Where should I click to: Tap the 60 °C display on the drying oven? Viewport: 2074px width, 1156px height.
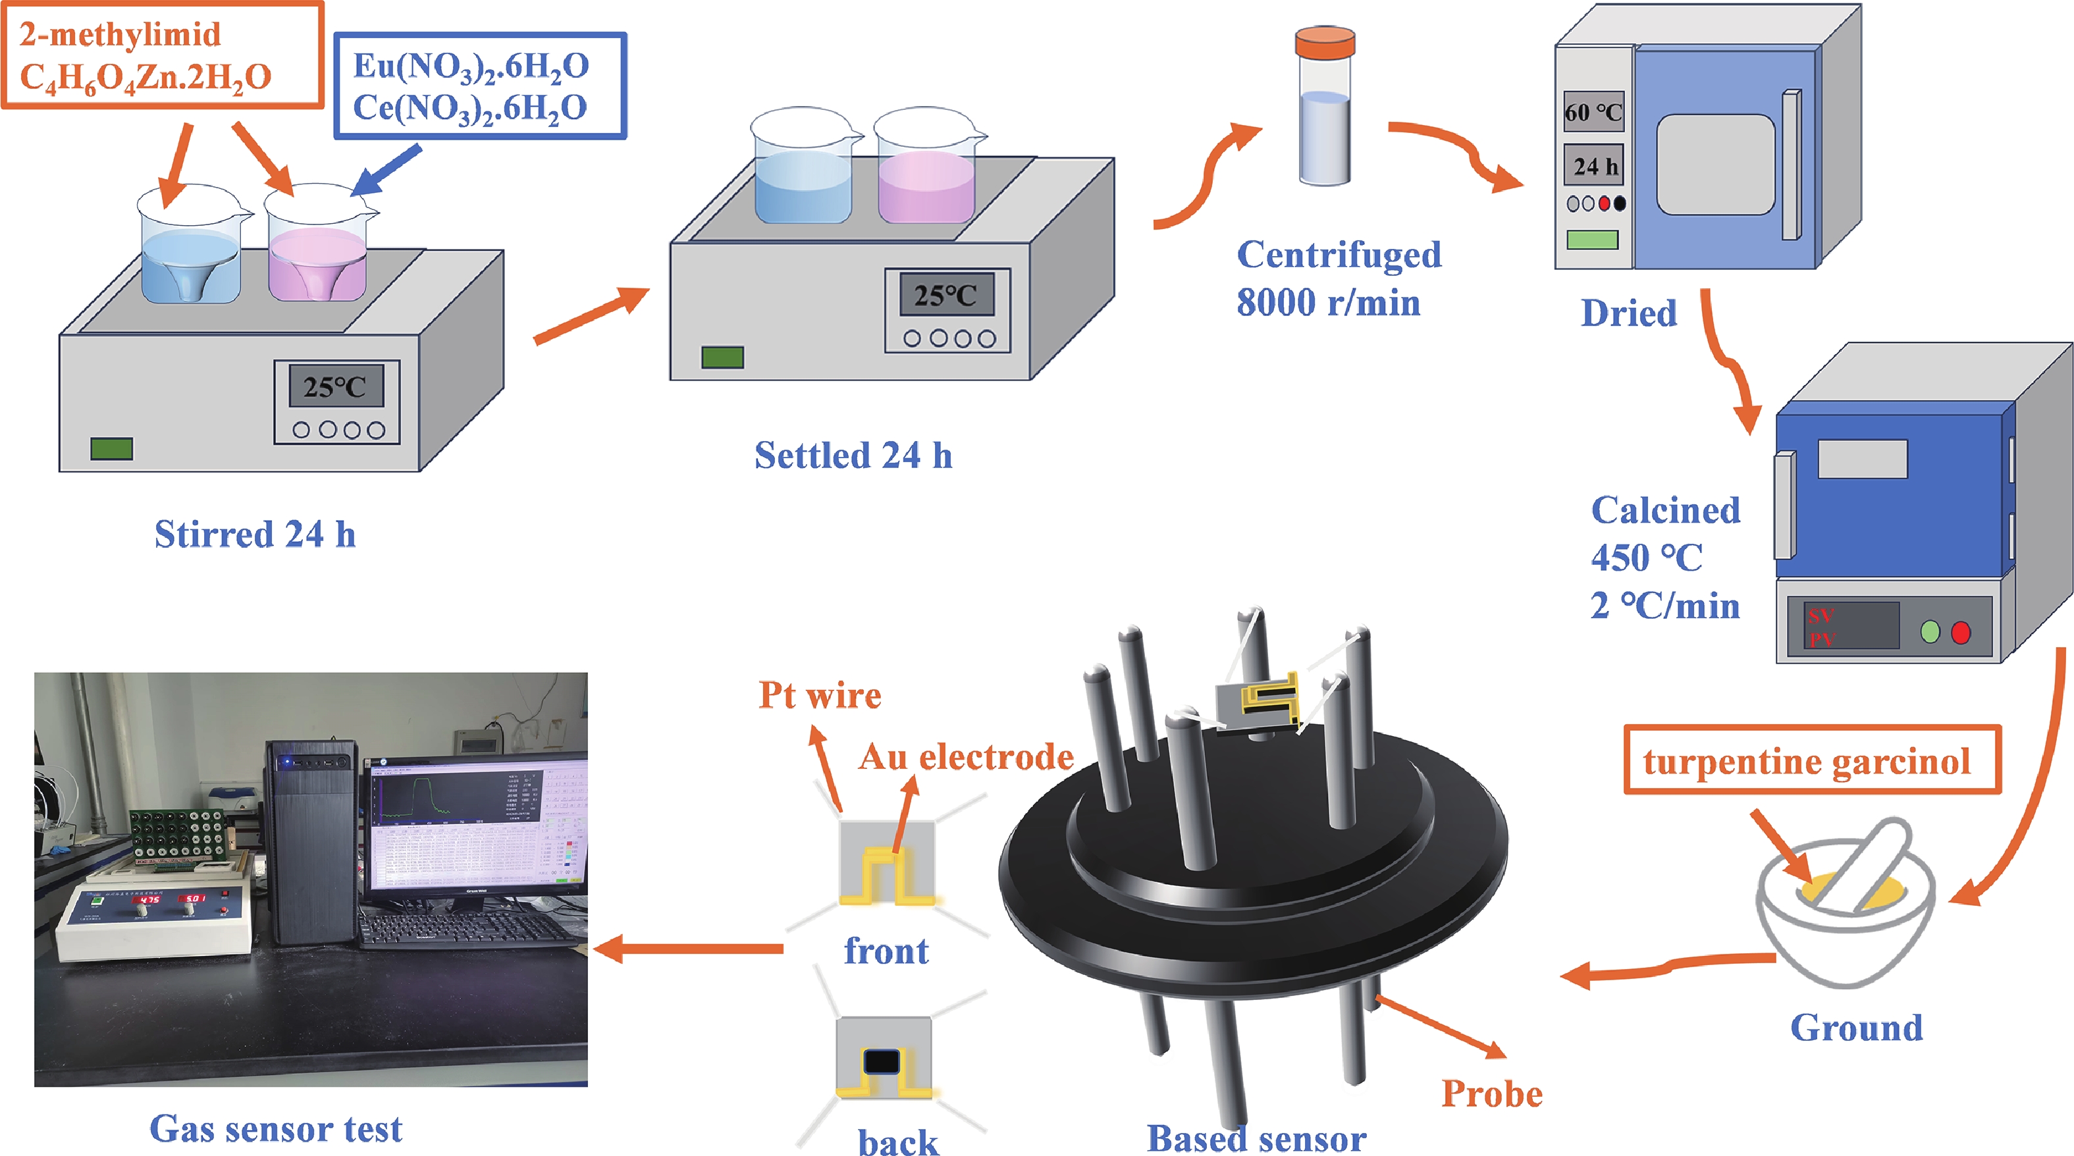click(x=1593, y=113)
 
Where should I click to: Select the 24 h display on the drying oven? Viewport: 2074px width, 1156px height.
click(x=1594, y=166)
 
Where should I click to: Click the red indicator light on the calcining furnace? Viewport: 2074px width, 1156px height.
click(x=1961, y=633)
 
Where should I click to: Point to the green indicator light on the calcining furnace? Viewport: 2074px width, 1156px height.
click(x=1930, y=633)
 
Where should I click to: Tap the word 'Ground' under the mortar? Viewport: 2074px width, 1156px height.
click(x=1857, y=1028)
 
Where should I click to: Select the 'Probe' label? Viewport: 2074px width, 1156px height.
click(x=1492, y=1093)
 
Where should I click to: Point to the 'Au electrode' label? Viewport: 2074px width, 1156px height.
click(x=965, y=756)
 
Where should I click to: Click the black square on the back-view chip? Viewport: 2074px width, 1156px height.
click(x=882, y=1062)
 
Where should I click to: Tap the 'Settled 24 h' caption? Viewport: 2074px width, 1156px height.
click(x=853, y=456)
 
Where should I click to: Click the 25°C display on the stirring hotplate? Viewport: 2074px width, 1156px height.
click(x=336, y=387)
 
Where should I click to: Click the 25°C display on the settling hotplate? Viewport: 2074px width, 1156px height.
click(x=946, y=296)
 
